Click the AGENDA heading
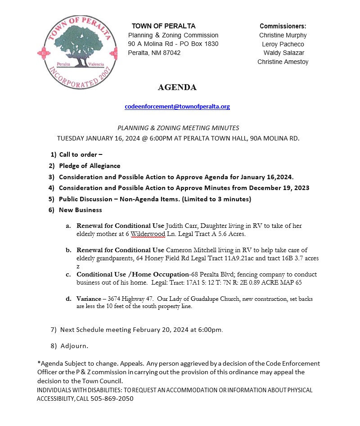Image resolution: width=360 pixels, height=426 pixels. click(x=177, y=87)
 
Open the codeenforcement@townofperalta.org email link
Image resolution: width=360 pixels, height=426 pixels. click(x=177, y=107)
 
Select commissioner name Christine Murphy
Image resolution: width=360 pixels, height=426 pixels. click(x=283, y=35)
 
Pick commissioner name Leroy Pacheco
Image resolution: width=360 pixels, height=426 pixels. click(x=283, y=44)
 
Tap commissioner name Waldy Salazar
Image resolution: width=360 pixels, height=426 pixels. click(x=283, y=53)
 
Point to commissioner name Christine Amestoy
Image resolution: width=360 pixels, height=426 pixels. click(x=283, y=62)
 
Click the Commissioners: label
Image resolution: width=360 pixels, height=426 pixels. click(x=283, y=26)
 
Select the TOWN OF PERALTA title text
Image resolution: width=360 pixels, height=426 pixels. click(x=163, y=26)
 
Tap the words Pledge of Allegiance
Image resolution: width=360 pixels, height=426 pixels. click(x=90, y=166)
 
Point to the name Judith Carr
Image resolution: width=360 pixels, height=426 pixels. click(x=181, y=226)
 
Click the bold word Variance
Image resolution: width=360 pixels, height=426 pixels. click(x=89, y=299)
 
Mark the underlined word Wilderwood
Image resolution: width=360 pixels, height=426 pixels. click(x=148, y=234)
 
